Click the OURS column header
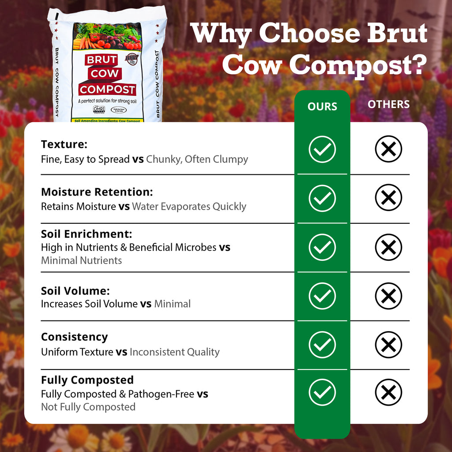(x=322, y=106)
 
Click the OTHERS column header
(x=388, y=105)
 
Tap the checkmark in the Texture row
(x=322, y=149)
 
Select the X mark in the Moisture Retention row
(x=388, y=197)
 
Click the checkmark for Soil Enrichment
(x=322, y=247)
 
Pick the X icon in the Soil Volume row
(x=388, y=296)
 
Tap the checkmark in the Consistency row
(x=322, y=344)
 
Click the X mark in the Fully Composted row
(x=388, y=392)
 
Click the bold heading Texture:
(x=64, y=144)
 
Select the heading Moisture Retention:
(x=97, y=192)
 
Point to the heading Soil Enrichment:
(x=87, y=234)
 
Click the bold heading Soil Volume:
(x=75, y=291)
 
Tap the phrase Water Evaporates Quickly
(x=189, y=207)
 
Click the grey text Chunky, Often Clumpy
(x=197, y=159)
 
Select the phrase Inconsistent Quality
(x=174, y=352)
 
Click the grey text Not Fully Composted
(x=88, y=407)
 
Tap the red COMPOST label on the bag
(x=107, y=90)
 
